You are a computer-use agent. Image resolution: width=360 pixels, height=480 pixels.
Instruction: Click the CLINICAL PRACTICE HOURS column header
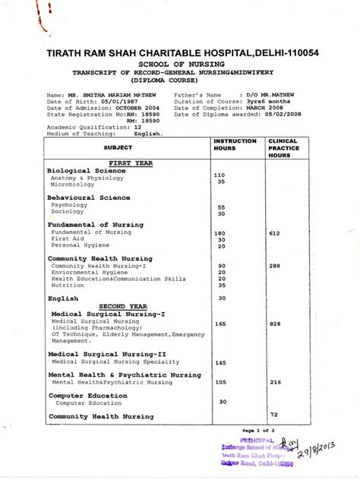pos(283,147)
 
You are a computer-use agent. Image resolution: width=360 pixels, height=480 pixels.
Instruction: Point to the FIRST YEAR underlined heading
pos(130,163)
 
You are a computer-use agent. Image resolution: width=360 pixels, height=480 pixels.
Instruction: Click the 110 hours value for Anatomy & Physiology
pos(219,175)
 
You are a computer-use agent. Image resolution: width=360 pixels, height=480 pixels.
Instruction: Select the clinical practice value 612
pos(275,233)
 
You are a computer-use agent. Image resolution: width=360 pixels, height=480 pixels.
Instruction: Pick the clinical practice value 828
pos(275,324)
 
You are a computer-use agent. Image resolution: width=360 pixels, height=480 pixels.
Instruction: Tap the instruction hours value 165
pos(221,324)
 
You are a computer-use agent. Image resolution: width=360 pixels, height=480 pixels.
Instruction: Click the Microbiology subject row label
pos(73,184)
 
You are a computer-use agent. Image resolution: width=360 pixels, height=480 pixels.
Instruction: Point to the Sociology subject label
pos(68,213)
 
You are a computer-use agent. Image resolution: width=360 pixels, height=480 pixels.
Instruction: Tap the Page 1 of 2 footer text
pos(261,431)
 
